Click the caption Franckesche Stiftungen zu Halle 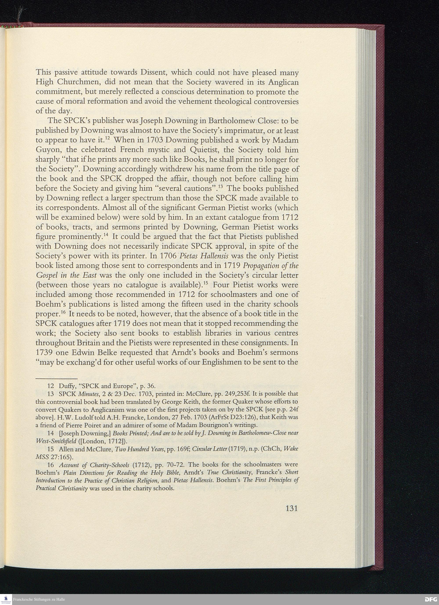(x=39, y=599)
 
